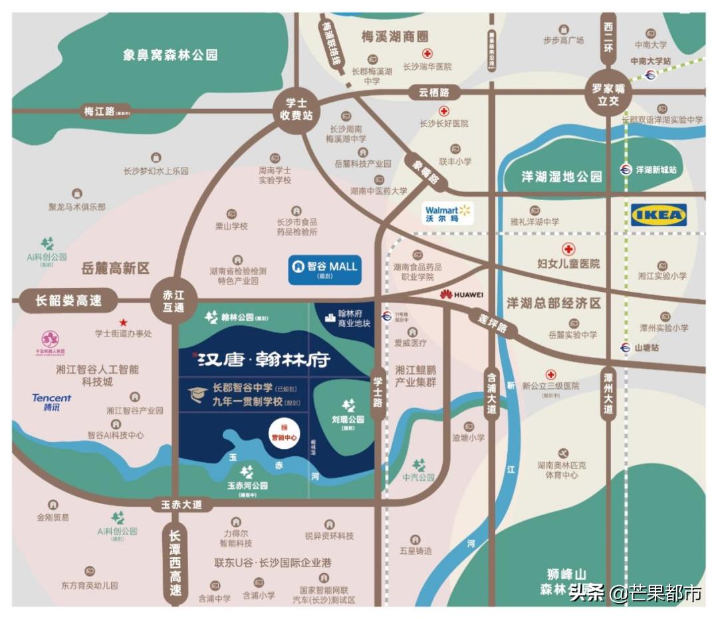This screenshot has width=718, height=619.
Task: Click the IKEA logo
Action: pyautogui.click(x=658, y=215)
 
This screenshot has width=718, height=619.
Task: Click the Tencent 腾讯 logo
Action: pyautogui.click(x=51, y=402)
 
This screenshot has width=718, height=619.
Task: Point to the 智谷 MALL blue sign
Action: pyautogui.click(x=324, y=267)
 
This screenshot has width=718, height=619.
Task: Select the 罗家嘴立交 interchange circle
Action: pyautogui.click(x=607, y=94)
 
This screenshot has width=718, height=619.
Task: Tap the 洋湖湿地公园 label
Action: pyautogui.click(x=562, y=176)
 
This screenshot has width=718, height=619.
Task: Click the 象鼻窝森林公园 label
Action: pyautogui.click(x=170, y=55)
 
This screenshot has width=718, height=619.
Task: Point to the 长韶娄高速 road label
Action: pyautogui.click(x=68, y=301)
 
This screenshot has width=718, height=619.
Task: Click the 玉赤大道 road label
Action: pyautogui.click(x=181, y=505)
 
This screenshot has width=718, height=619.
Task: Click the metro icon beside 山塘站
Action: pyautogui.click(x=624, y=347)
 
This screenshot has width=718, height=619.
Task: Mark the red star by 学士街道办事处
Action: pyautogui.click(x=123, y=322)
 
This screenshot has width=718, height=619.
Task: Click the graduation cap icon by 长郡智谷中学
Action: pyautogui.click(x=197, y=395)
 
